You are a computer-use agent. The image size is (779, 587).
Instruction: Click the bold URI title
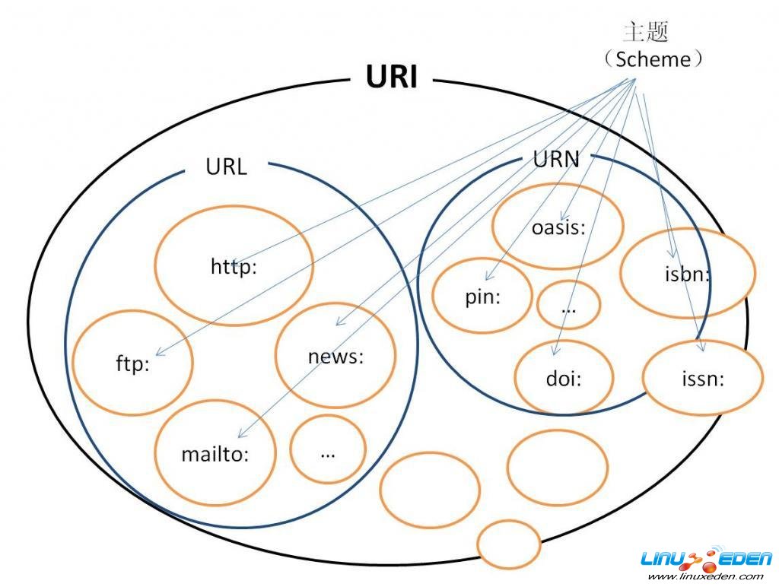tap(392, 77)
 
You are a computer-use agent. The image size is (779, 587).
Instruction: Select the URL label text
tap(226, 167)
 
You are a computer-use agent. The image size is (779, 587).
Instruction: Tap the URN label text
tap(556, 159)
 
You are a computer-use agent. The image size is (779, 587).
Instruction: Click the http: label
tap(234, 267)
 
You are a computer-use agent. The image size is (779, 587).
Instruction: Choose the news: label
tap(335, 357)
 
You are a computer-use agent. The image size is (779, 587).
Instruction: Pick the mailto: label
tap(215, 454)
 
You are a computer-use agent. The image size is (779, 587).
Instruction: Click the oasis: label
tap(558, 227)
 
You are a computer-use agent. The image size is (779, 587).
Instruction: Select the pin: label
tap(483, 297)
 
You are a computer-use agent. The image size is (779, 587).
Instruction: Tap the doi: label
tap(563, 379)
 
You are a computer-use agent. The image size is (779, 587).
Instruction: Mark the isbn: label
tap(687, 274)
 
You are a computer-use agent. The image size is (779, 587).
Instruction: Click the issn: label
tap(701, 378)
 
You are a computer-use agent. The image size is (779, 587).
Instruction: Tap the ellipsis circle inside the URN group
tap(568, 306)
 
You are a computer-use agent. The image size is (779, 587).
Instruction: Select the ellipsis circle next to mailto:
tap(328, 449)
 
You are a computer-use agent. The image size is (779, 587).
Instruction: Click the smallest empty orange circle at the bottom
tap(509, 544)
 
